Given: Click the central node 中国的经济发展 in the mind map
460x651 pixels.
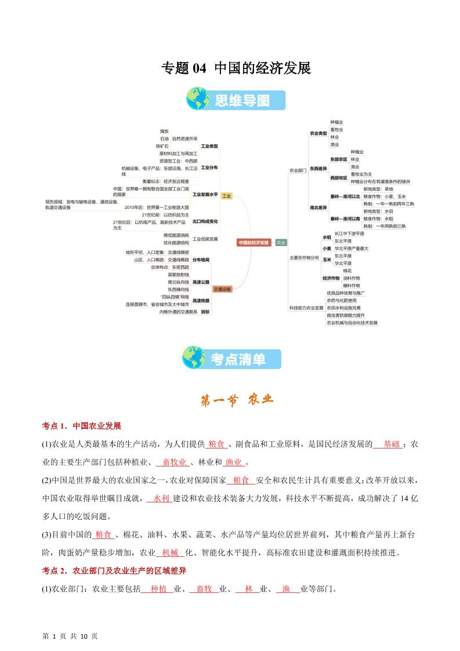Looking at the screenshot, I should (254, 243).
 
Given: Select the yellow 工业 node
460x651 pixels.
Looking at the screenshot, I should (226, 196).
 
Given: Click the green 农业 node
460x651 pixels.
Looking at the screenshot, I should (281, 243).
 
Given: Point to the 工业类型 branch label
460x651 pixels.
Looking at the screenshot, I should (209, 146).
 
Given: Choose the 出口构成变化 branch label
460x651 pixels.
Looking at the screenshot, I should (205, 222).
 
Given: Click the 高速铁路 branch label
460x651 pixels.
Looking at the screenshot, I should (201, 301).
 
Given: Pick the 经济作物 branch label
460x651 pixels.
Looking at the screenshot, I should (331, 279).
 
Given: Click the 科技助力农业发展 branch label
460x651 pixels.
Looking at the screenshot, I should (306, 308).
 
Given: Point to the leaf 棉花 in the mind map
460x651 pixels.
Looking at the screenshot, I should (347, 271).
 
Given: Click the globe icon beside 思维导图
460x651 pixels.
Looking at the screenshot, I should (198, 100).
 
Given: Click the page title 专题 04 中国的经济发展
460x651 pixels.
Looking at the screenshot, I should (236, 68).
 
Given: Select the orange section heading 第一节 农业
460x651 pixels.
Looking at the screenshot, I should (236, 400).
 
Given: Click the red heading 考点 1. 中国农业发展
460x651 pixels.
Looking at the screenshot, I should (81, 426).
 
